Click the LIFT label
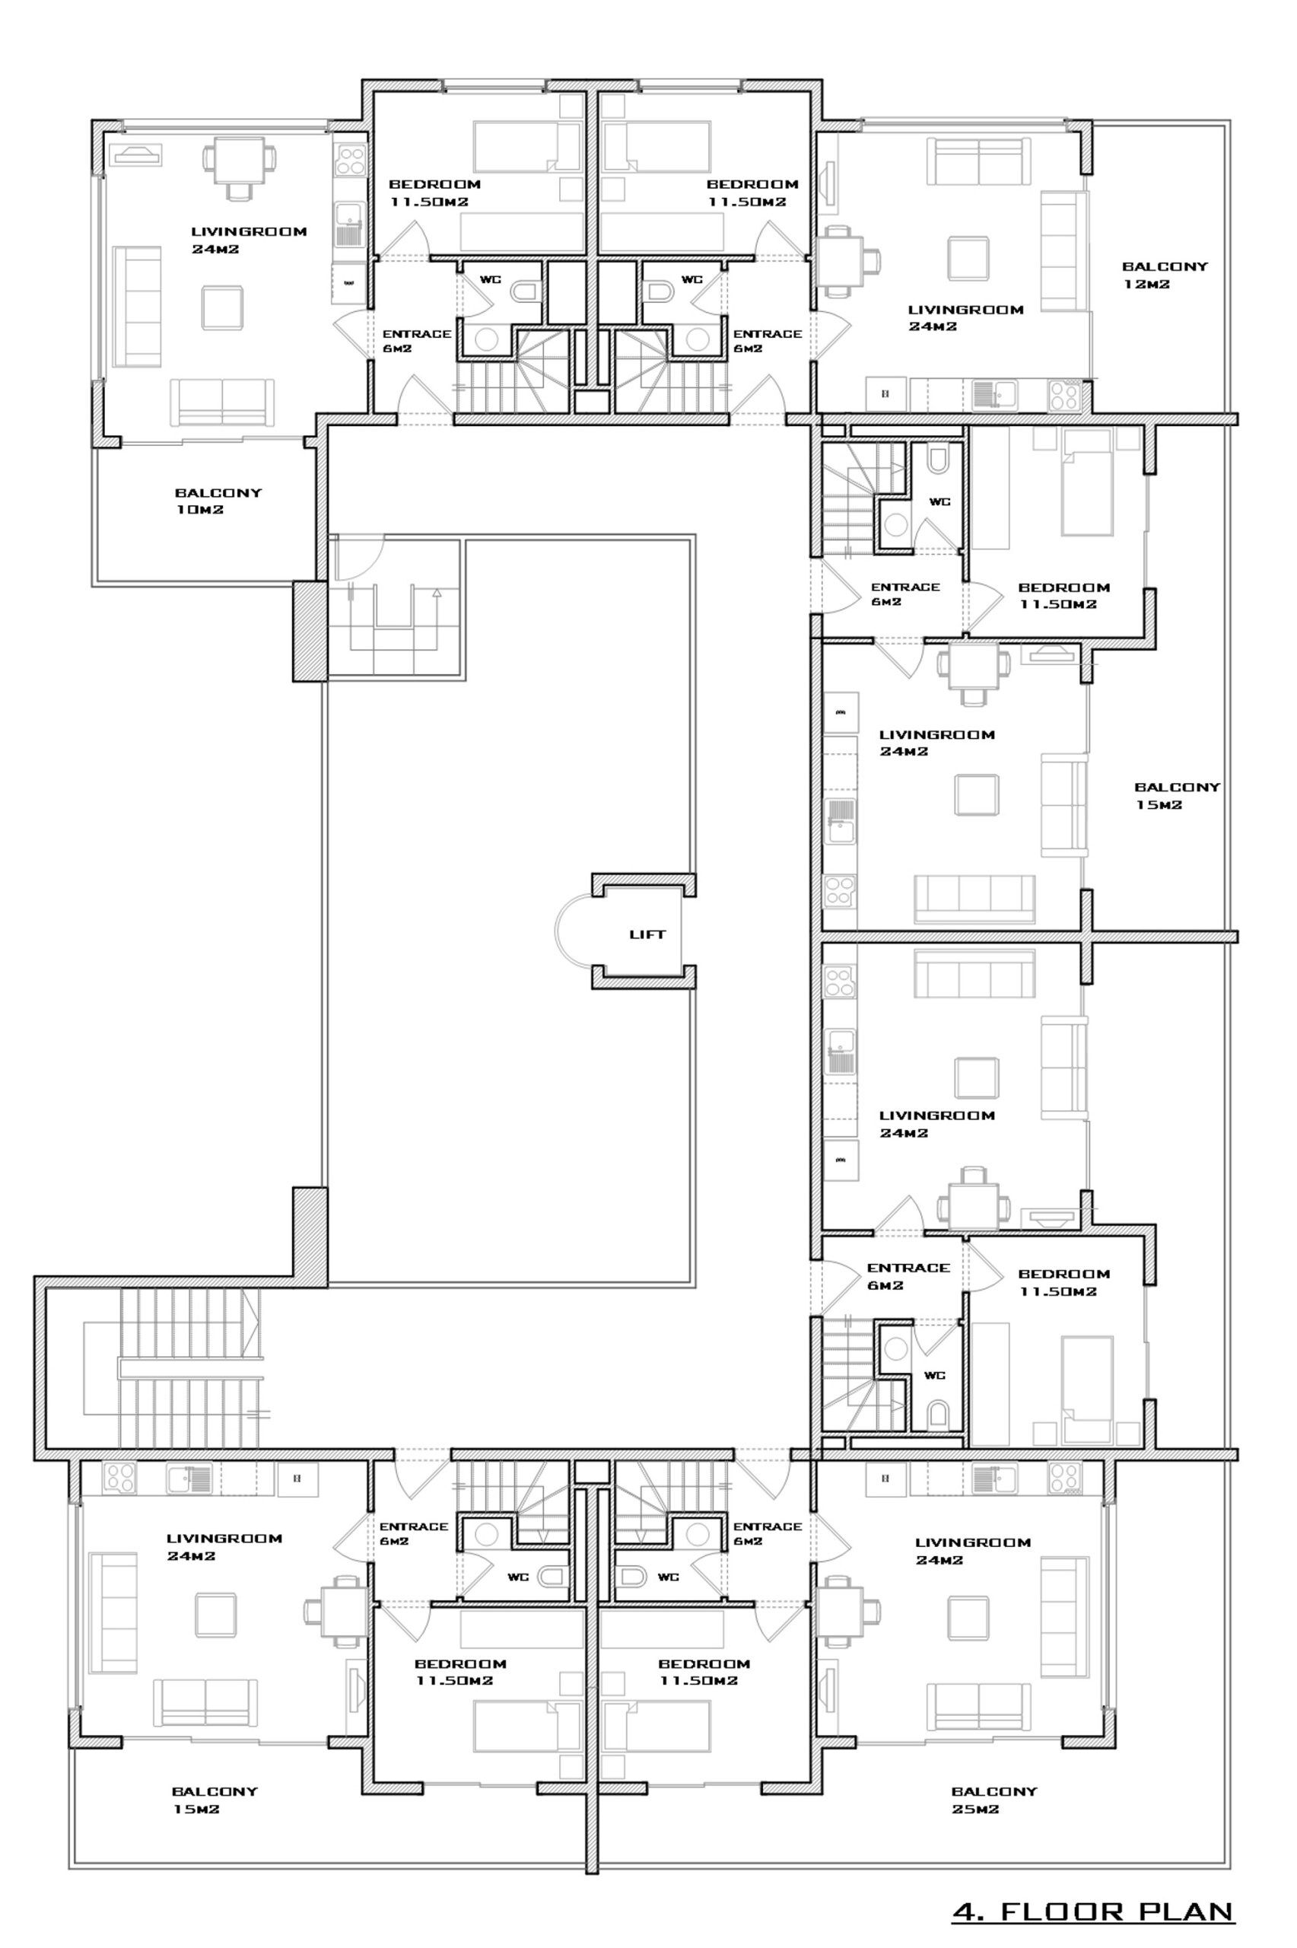click(x=647, y=934)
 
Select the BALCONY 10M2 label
click(x=218, y=501)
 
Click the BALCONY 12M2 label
click(x=1165, y=275)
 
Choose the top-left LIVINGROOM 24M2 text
click(x=249, y=240)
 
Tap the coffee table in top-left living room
click(x=224, y=307)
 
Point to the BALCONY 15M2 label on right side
click(x=1176, y=795)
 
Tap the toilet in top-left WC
click(x=525, y=291)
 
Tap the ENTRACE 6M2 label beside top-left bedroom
click(x=417, y=341)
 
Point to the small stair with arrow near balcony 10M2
click(x=396, y=608)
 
